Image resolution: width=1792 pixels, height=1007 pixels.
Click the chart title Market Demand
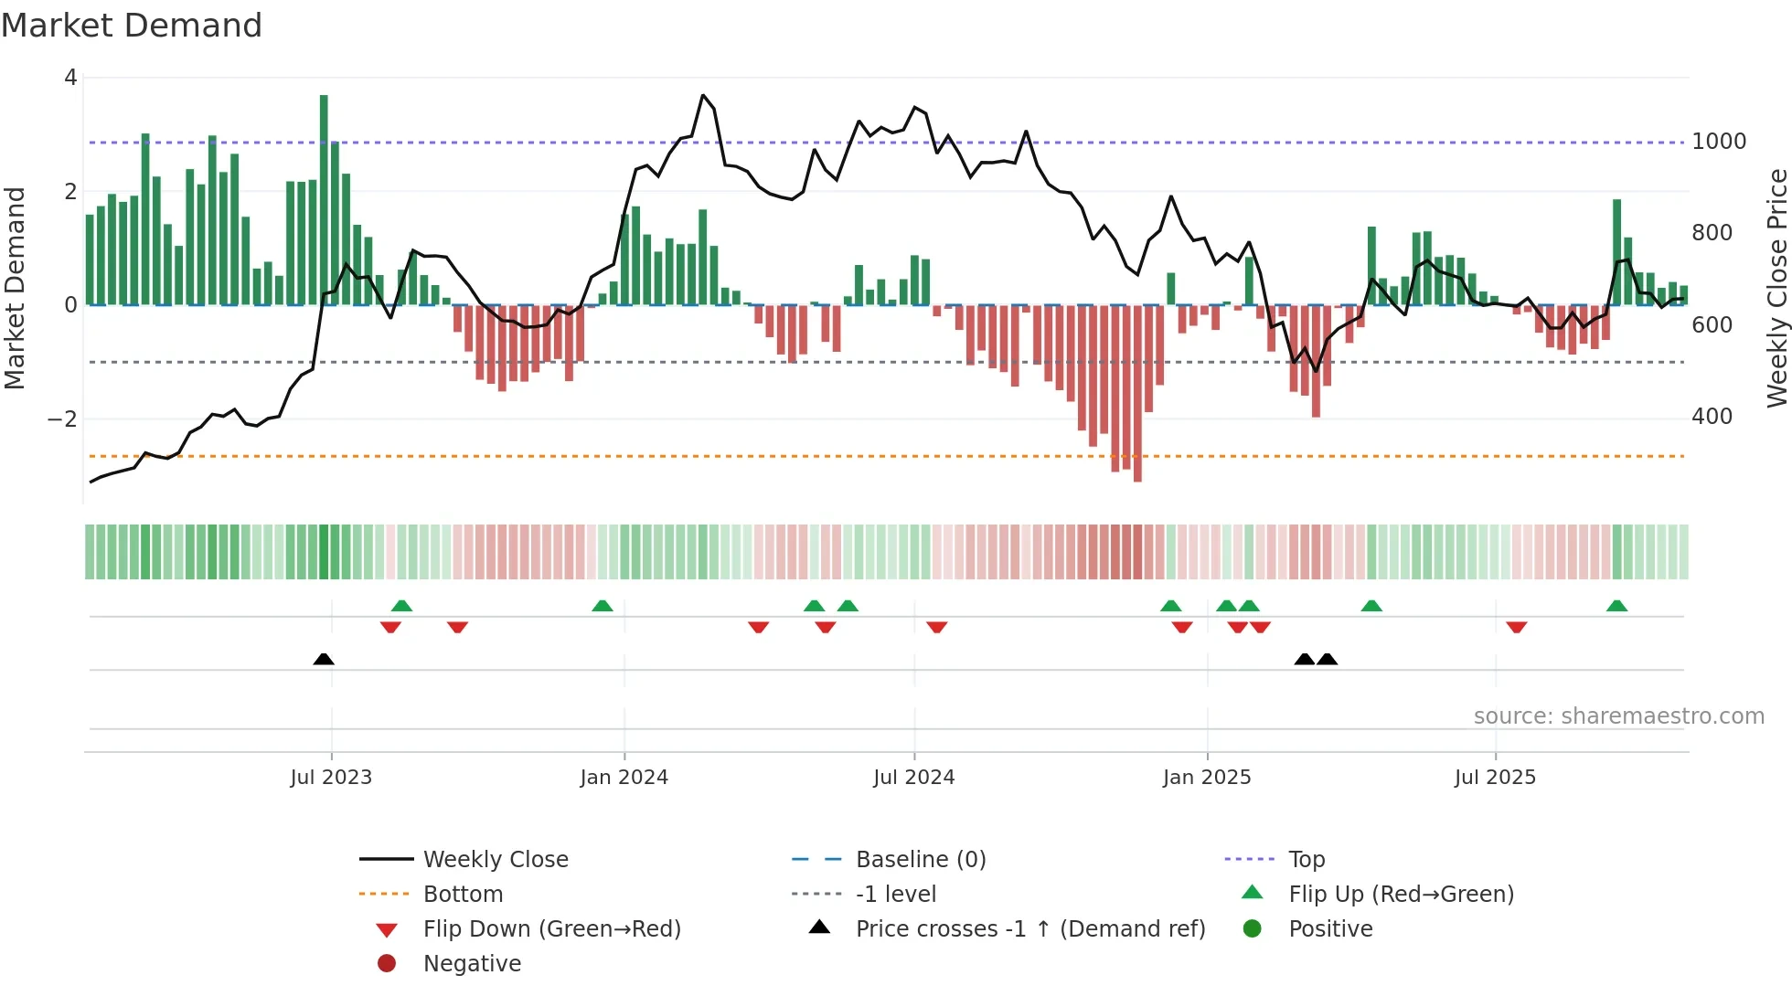[x=132, y=26]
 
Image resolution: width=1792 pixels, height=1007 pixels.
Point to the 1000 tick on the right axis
[x=1718, y=142]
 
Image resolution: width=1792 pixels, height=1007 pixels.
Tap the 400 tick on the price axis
[x=1712, y=417]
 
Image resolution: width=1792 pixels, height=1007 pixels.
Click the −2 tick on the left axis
[x=62, y=419]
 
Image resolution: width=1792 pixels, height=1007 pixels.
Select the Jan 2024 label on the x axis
[x=624, y=778]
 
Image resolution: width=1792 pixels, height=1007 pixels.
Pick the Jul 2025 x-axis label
[x=1495, y=778]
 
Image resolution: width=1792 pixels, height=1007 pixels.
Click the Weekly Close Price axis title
[x=1776, y=288]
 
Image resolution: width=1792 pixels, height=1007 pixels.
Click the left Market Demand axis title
[x=15, y=288]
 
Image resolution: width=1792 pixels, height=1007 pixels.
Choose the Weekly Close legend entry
[x=495, y=860]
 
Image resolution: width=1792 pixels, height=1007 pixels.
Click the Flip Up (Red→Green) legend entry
[x=1401, y=895]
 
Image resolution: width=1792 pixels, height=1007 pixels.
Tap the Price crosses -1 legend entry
[x=1029, y=929]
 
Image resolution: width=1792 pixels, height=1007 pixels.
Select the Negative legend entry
[x=472, y=964]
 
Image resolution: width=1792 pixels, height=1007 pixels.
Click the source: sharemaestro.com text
[x=1618, y=716]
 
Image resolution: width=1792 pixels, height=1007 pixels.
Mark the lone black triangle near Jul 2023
[x=324, y=659]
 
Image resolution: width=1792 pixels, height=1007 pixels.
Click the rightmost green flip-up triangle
[x=1616, y=606]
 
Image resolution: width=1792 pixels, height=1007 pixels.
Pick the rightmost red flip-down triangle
[x=1517, y=627]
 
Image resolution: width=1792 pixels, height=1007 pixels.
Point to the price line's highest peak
[x=703, y=95]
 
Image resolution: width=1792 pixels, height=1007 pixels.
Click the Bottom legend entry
[x=463, y=895]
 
